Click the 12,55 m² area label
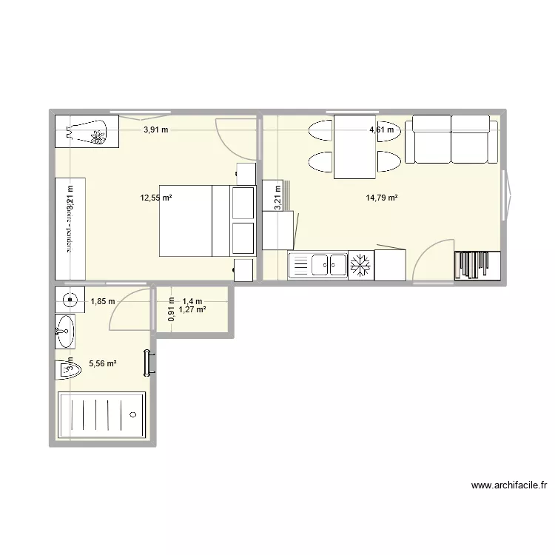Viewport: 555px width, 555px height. (156, 198)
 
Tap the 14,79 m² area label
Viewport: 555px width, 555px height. (382, 198)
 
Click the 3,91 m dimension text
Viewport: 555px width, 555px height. (155, 129)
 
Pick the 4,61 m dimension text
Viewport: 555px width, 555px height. (382, 129)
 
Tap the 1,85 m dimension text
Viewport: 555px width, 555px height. (102, 301)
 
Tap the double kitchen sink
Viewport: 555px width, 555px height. (329, 264)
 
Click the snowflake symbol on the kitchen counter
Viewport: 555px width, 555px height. (360, 265)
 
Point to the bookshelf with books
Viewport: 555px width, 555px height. (477, 266)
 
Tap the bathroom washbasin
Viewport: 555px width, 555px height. (65, 330)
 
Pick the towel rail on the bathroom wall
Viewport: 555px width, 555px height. (152, 361)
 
